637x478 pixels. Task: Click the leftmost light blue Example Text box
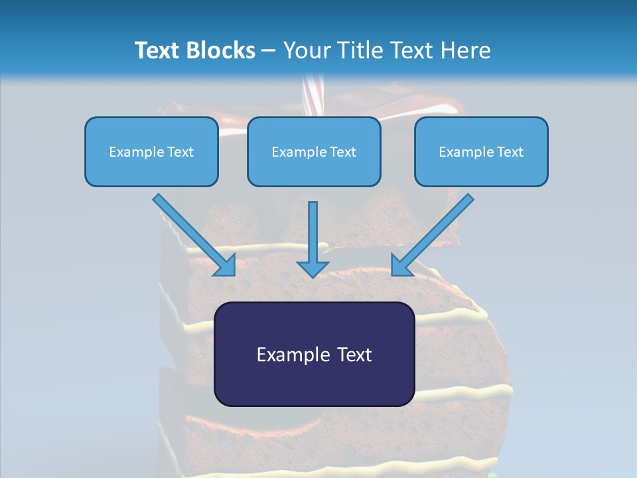click(x=151, y=152)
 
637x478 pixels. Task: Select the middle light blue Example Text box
click(x=314, y=152)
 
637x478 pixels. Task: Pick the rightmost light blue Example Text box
click(x=481, y=152)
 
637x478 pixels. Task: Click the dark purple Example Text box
click(x=315, y=355)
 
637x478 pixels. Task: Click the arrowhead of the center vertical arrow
click(x=313, y=268)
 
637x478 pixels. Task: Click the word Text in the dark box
click(x=354, y=355)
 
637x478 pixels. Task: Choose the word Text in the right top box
click(x=510, y=152)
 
